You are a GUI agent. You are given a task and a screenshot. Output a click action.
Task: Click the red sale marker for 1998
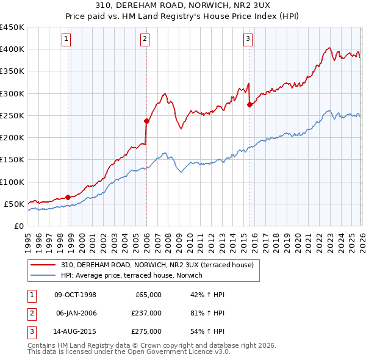pos(68,196)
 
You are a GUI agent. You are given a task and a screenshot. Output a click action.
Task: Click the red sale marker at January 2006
pos(146,121)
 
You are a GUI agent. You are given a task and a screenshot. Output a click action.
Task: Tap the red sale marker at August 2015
pos(249,104)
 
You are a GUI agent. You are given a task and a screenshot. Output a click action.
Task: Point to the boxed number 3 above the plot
pos(248,40)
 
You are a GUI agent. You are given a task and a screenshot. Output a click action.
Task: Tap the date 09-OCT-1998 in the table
pos(75,295)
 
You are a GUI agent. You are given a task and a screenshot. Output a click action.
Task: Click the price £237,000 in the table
pos(146,313)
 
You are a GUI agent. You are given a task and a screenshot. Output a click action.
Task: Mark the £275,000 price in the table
pos(146,331)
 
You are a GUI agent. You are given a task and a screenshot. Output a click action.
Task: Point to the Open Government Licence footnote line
pos(129,352)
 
